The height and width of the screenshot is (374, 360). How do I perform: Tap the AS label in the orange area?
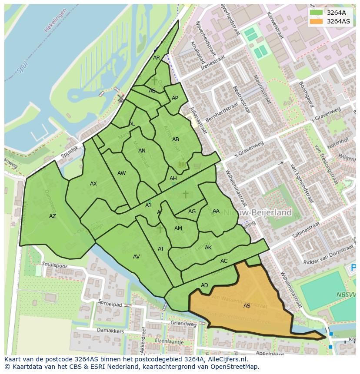[247, 306]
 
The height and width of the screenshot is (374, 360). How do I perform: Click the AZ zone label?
[53, 216]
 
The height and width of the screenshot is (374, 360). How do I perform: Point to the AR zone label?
[157, 58]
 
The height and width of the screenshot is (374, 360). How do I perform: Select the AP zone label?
[175, 98]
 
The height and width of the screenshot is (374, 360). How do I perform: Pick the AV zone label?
[137, 257]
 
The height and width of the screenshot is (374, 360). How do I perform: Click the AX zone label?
[93, 184]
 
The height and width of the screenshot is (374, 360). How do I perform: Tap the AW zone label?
[121, 173]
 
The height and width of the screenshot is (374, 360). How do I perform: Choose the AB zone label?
[176, 139]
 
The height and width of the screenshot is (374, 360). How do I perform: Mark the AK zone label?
[208, 248]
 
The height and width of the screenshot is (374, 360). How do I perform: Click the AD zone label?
[204, 285]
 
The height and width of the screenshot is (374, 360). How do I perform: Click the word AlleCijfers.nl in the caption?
[227, 359]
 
